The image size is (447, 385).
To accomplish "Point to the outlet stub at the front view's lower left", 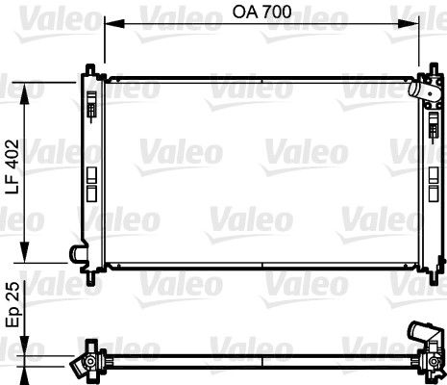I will pos(75,254).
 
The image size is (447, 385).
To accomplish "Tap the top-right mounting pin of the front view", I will pos(430,71).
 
